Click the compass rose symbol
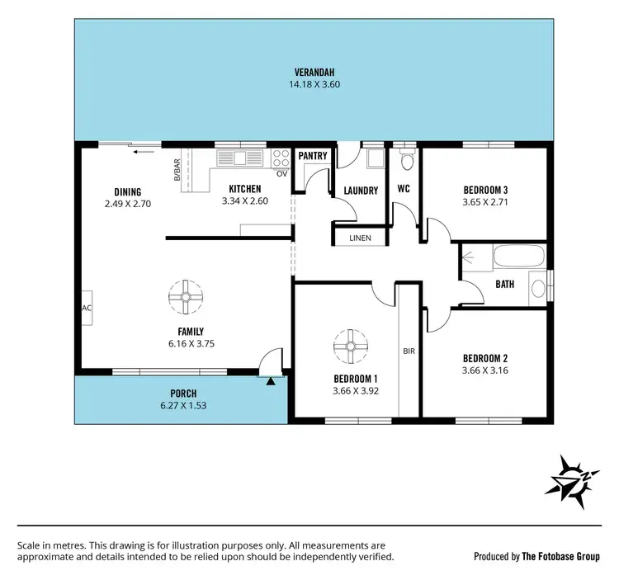click(x=570, y=480)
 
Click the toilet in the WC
click(x=405, y=159)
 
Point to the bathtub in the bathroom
click(x=519, y=257)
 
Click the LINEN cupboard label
click(x=361, y=238)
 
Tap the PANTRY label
click(x=313, y=156)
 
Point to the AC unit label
click(x=86, y=308)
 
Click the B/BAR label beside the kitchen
click(x=177, y=170)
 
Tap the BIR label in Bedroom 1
click(x=409, y=351)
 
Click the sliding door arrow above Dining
click(x=145, y=150)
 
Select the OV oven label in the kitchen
click(x=281, y=173)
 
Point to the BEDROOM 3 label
click(x=485, y=189)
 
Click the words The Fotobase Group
click(x=560, y=556)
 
